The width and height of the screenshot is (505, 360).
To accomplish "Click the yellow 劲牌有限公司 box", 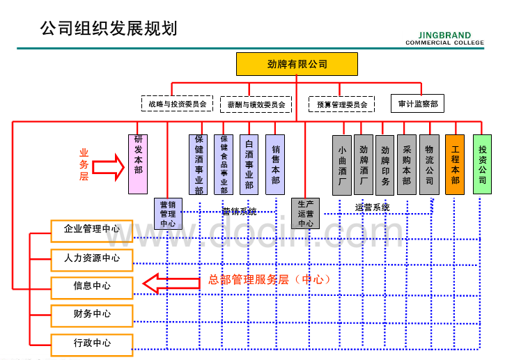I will tap(297, 64).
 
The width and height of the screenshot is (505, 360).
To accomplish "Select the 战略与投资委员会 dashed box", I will tap(177, 104).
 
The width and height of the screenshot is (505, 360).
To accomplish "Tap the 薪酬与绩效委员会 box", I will tap(256, 104).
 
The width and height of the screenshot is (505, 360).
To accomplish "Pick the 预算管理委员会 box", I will tap(341, 104).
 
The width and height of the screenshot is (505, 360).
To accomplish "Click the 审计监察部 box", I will tap(417, 104).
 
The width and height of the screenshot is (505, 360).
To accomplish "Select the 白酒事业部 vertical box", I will tap(249, 164).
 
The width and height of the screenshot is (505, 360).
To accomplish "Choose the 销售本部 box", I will tap(276, 164).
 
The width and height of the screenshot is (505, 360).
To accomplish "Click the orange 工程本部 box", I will tap(455, 164).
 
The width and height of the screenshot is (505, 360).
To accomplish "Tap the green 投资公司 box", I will tap(482, 164).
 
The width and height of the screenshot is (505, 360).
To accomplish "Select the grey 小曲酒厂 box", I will tap(342, 165).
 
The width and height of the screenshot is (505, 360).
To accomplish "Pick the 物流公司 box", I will tap(429, 164).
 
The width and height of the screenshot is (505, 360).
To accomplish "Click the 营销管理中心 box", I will tap(168, 214).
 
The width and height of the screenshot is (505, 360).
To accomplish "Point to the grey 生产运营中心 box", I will tap(306, 214).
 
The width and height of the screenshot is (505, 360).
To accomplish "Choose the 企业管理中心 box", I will tap(91, 229).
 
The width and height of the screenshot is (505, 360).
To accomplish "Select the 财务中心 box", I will tap(91, 314).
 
